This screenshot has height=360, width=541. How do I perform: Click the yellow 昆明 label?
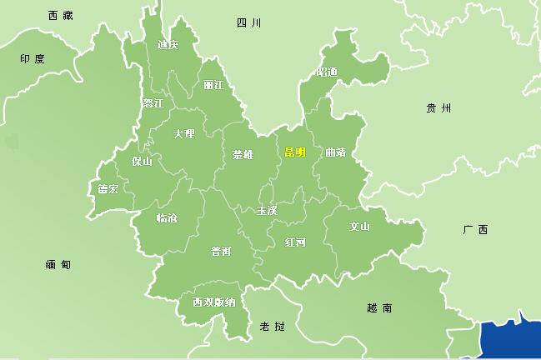[x=295, y=152]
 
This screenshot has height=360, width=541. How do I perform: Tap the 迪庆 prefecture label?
[x=168, y=45]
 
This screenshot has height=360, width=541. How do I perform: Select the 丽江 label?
[x=213, y=85]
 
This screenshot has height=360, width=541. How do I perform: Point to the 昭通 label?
[x=327, y=72]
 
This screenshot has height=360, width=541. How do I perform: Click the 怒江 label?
[x=153, y=103]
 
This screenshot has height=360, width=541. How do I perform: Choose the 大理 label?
[x=183, y=133]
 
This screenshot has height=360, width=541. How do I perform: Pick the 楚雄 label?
[x=243, y=154]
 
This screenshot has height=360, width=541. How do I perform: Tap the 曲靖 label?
[x=335, y=152]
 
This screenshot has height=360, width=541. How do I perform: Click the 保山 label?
[x=142, y=162]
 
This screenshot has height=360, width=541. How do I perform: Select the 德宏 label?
[x=108, y=189]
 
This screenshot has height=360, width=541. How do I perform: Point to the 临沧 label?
[x=167, y=218]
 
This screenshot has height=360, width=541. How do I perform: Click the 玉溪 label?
[x=267, y=211]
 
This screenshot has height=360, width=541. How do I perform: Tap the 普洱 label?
[x=222, y=251]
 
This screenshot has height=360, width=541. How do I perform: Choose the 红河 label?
[x=295, y=242]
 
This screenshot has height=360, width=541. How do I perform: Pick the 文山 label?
[x=359, y=226]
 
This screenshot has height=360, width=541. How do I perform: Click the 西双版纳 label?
[x=213, y=302]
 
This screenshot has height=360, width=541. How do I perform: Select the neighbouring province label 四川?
[x=249, y=23]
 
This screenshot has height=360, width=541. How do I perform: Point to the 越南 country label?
[x=379, y=307]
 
